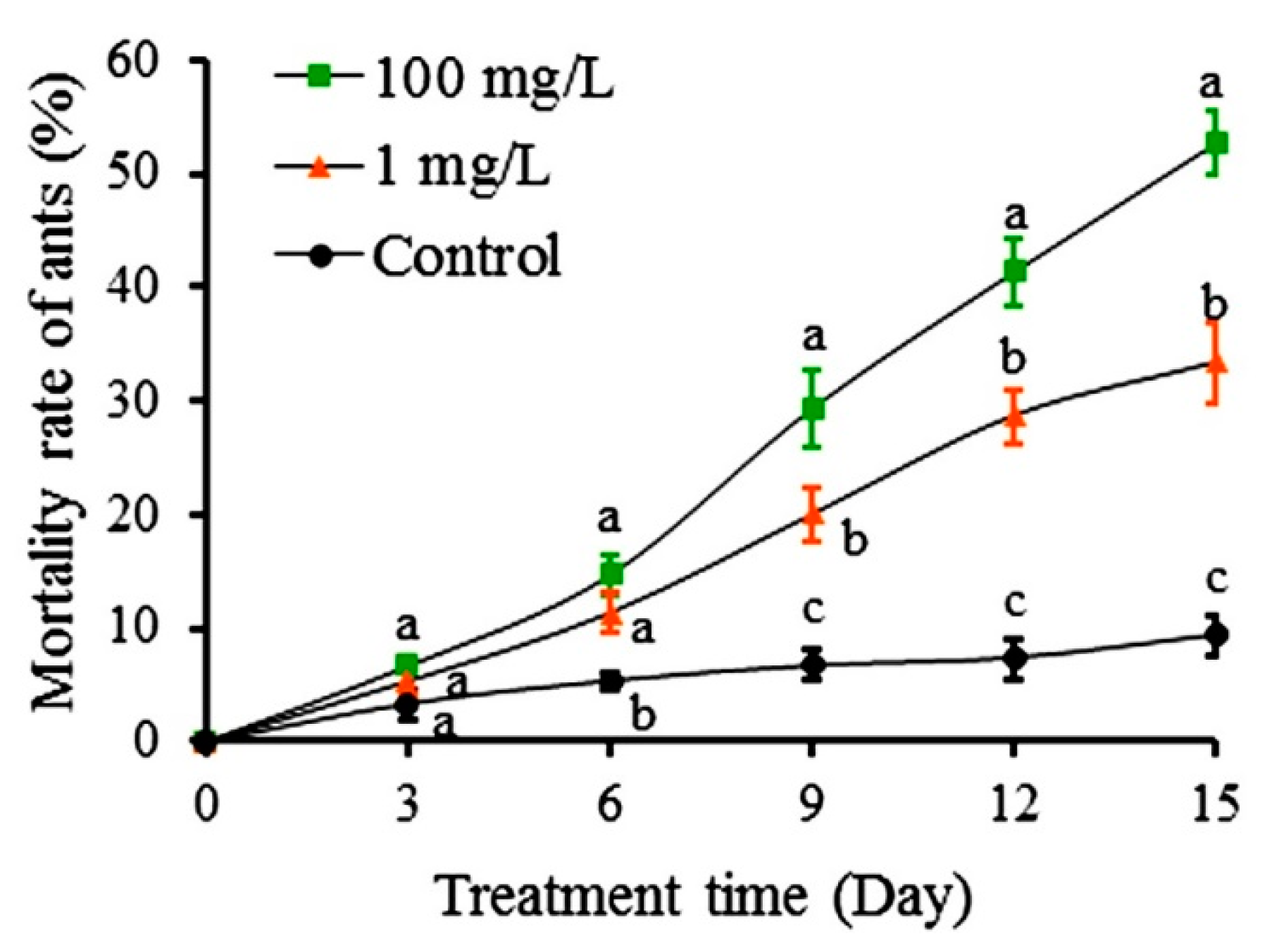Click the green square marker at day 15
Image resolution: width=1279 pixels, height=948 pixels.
pyautogui.click(x=1215, y=143)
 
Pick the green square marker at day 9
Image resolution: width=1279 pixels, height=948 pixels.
pyautogui.click(x=813, y=408)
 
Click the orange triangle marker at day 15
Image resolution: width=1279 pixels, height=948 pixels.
pyautogui.click(x=1215, y=364)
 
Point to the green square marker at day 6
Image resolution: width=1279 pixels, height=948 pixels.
pyautogui.click(x=611, y=573)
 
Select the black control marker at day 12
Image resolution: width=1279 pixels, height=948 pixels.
pyautogui.click(x=1014, y=658)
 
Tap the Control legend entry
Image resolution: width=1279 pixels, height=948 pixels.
pyautogui.click(x=419, y=255)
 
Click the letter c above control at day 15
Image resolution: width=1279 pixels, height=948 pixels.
pyautogui.click(x=1216, y=580)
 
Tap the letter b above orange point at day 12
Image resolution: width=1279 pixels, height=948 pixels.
pyautogui.click(x=1013, y=358)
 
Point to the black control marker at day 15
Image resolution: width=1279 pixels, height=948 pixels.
pyautogui.click(x=1215, y=634)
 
